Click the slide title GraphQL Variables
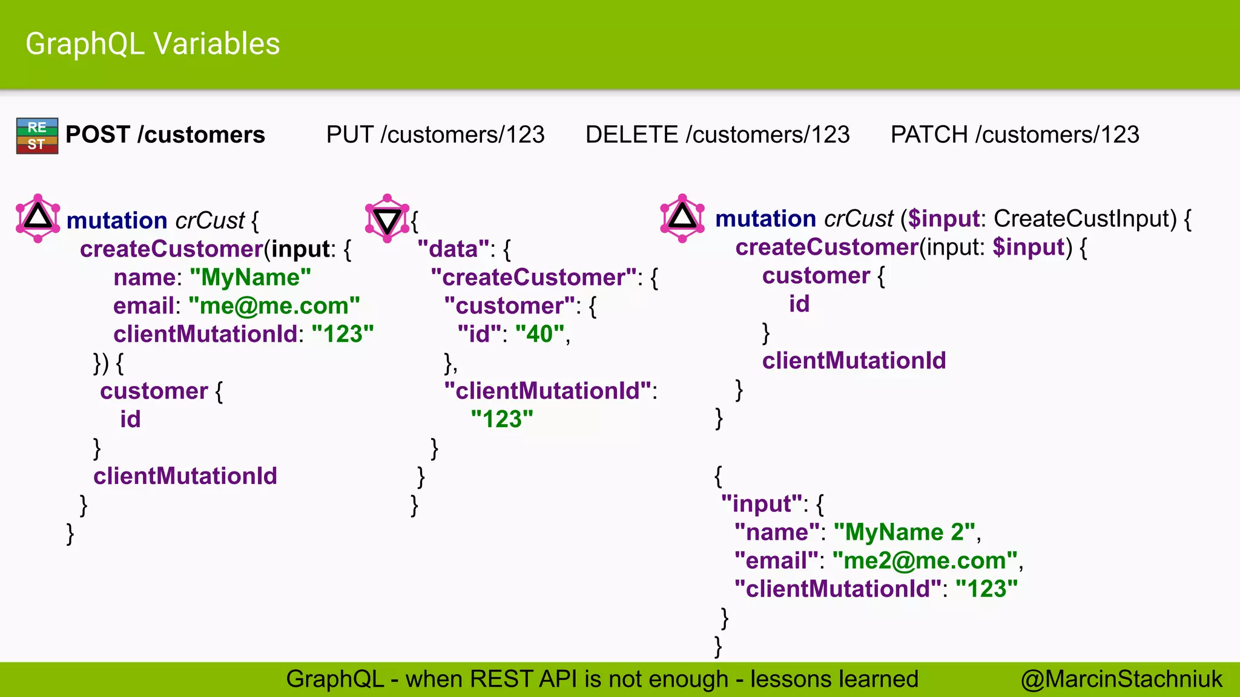[x=153, y=44]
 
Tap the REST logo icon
[x=37, y=136]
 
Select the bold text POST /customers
[x=165, y=134]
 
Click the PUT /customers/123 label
[x=435, y=134]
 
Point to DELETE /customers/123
[x=717, y=134]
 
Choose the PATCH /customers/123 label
[x=1014, y=134]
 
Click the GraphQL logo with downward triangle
[x=387, y=218]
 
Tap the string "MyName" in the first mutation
[x=250, y=278]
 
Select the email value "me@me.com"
[x=274, y=306]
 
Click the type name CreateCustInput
[x=1084, y=218]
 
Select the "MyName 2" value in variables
[x=905, y=532]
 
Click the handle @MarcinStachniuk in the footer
[x=1121, y=679]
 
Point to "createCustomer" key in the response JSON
[x=533, y=278]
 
